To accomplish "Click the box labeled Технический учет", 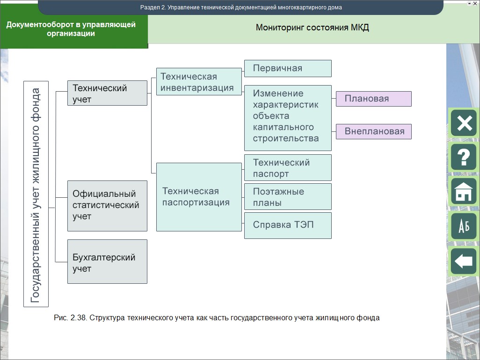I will pyautogui.click(x=107, y=93).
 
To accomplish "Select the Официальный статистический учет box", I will pyautogui.click(x=107, y=206).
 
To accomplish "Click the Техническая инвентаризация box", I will pyautogui.click(x=199, y=82).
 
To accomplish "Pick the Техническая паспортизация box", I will pyautogui.click(x=199, y=197).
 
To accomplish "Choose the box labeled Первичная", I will pyautogui.click(x=288, y=68).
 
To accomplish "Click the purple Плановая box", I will pyautogui.click(x=373, y=99).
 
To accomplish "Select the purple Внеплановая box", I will pyautogui.click(x=373, y=131).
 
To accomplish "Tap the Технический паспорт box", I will pyautogui.click(x=288, y=168).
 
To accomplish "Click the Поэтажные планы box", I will pyautogui.click(x=288, y=197).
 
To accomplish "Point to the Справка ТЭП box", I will pyautogui.click(x=288, y=225).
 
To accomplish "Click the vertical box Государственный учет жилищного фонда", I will pyautogui.click(x=36, y=194).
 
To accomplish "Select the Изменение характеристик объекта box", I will pyautogui.click(x=288, y=117).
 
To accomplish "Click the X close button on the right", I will pyautogui.click(x=463, y=123).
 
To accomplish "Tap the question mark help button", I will pyautogui.click(x=463, y=157).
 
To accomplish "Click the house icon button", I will pyautogui.click(x=463, y=192).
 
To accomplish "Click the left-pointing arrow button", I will pyautogui.click(x=463, y=261).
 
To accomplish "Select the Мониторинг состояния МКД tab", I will pyautogui.click(x=312, y=28).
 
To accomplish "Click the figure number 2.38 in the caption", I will pyautogui.click(x=78, y=318).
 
